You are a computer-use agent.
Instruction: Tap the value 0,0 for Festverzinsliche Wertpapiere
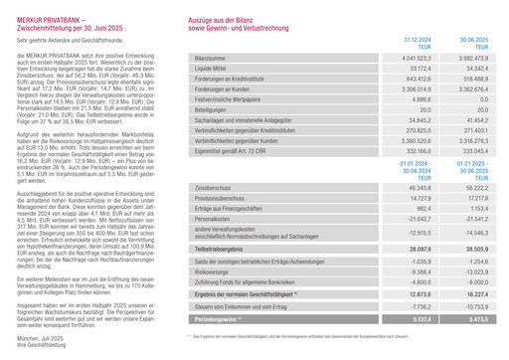click(483, 131)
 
